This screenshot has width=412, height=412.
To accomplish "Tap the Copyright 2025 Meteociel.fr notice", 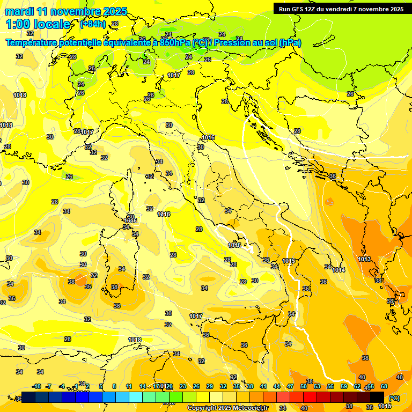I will [x=227, y=408].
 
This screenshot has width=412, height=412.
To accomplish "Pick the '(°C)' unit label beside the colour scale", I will [x=394, y=398].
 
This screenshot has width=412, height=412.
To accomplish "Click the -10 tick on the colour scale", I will [x=36, y=386].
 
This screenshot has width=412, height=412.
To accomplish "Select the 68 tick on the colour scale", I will [x=384, y=386].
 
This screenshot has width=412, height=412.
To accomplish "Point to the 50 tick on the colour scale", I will [x=304, y=386].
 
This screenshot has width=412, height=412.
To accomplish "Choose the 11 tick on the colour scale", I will [x=129, y=386].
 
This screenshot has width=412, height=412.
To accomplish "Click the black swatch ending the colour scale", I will [x=377, y=397].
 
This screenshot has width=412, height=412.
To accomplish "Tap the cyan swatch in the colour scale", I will [x=136, y=397].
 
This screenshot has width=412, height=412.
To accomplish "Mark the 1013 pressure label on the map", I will [x=364, y=259].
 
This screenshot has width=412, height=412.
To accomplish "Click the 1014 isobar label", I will [x=339, y=270].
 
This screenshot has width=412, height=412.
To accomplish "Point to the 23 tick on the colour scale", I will [x=183, y=386].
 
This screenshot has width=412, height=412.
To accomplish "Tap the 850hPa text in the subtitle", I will [x=175, y=42].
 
